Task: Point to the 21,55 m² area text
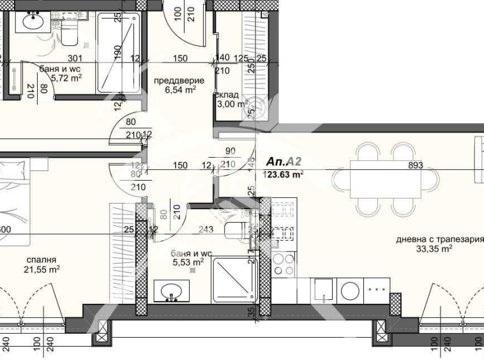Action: coord(43,270)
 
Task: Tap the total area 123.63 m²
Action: coord(284,174)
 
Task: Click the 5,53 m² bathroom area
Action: coord(187,261)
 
